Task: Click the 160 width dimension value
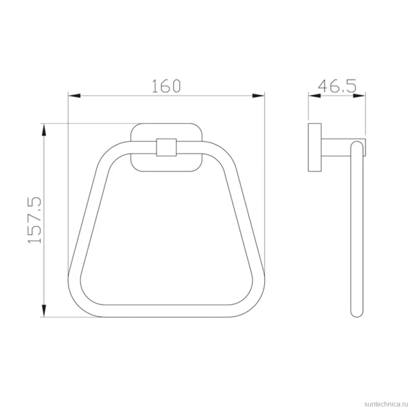(x=166, y=86)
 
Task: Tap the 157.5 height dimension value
(x=35, y=221)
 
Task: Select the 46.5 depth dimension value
(x=337, y=86)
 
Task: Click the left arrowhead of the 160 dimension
(x=74, y=95)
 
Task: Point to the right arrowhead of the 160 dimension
(x=258, y=95)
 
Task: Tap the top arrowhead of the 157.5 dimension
(x=44, y=129)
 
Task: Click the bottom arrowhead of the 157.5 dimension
(x=44, y=311)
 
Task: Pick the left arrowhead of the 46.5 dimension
(x=315, y=95)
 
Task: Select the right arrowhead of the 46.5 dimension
(x=359, y=95)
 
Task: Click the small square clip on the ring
(x=167, y=148)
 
